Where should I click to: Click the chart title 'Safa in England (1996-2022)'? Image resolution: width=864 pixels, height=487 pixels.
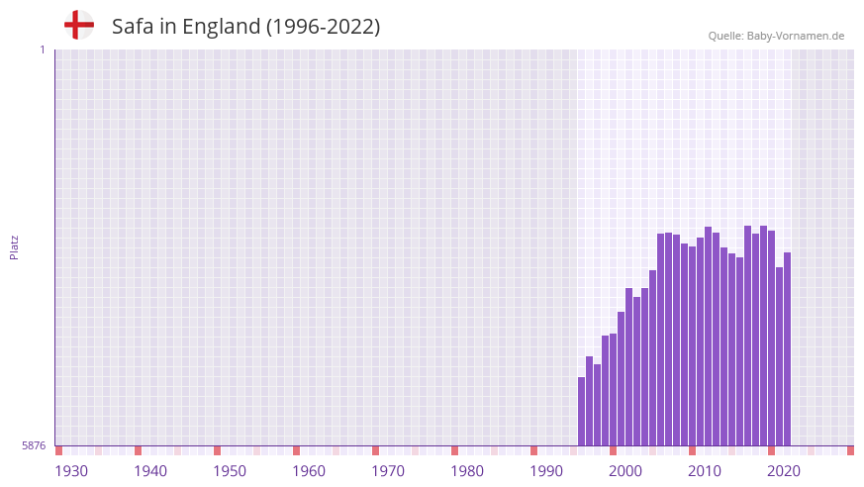(245, 27)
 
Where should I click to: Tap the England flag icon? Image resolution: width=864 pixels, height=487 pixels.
(78, 25)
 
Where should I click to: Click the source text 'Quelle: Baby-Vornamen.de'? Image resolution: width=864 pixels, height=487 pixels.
(776, 36)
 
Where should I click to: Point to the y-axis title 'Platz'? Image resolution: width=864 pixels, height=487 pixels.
(14, 246)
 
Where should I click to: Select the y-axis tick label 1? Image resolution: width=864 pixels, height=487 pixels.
(42, 49)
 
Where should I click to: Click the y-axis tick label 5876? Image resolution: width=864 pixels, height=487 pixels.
(34, 445)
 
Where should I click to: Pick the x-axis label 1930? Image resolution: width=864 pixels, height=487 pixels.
(71, 471)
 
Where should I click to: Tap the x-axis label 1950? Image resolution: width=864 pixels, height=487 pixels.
(230, 471)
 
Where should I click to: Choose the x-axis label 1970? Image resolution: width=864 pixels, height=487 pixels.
(388, 471)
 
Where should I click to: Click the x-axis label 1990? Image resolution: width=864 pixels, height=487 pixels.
(546, 471)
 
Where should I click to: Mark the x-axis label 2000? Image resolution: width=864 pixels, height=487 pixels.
(625, 471)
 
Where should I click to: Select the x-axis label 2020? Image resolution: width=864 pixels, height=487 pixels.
(784, 471)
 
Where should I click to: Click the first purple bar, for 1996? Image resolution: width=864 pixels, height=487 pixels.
(582, 411)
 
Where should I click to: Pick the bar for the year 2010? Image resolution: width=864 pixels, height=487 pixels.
(693, 345)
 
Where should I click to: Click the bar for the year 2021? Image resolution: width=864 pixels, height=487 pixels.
(780, 356)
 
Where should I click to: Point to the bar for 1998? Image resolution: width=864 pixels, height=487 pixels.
(598, 405)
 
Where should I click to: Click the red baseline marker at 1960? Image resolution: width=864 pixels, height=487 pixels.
(296, 450)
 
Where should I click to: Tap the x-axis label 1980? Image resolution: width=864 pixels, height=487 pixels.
(467, 471)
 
